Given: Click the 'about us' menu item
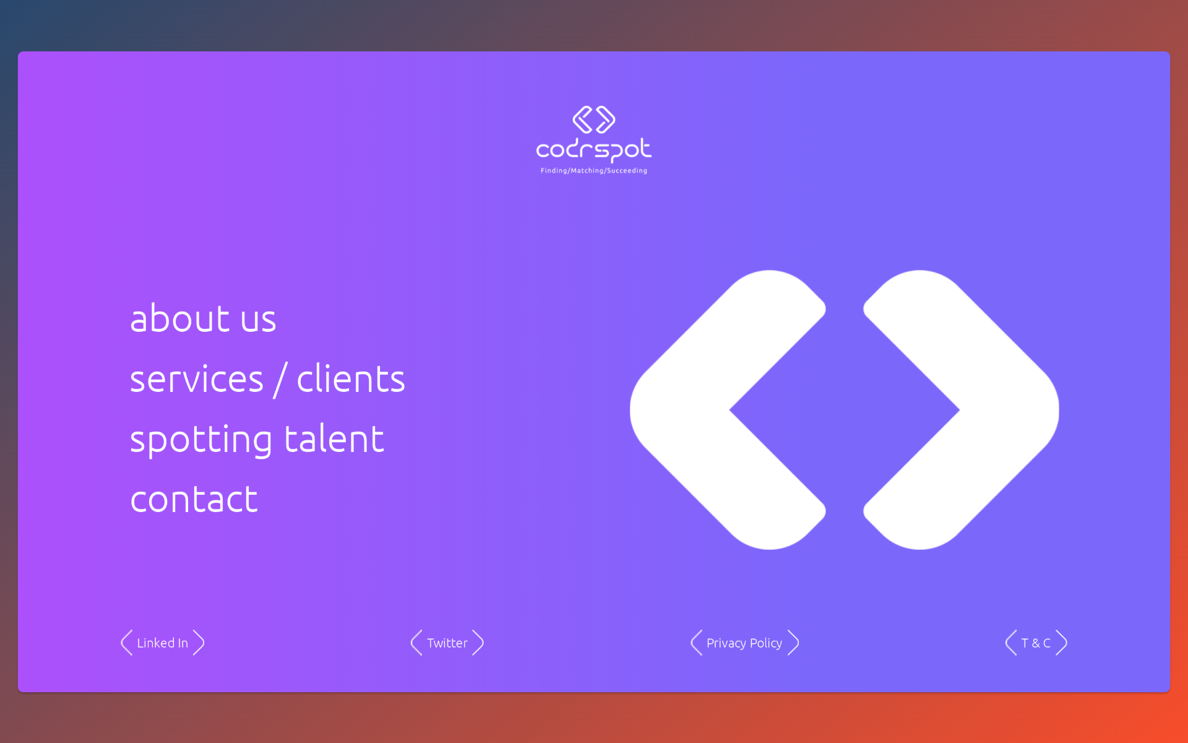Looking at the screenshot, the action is (x=203, y=318).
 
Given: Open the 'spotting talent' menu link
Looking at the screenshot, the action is (x=257, y=440).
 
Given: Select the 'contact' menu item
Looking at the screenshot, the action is (x=194, y=499).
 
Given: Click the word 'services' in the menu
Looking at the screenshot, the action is (x=197, y=378).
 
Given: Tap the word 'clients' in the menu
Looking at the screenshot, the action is (x=351, y=378).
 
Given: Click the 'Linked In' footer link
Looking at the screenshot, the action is (x=162, y=643).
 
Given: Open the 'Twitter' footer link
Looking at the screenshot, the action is (x=447, y=643).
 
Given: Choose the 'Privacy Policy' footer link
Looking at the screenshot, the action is (x=744, y=643).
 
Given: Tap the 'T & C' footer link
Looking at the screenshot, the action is (x=1036, y=643).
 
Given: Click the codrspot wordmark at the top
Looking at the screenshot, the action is (x=593, y=150).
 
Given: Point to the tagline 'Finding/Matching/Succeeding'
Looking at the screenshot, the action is (x=594, y=171).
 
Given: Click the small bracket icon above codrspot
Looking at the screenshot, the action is (x=594, y=119).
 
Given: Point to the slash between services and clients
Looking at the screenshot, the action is (x=280, y=380).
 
